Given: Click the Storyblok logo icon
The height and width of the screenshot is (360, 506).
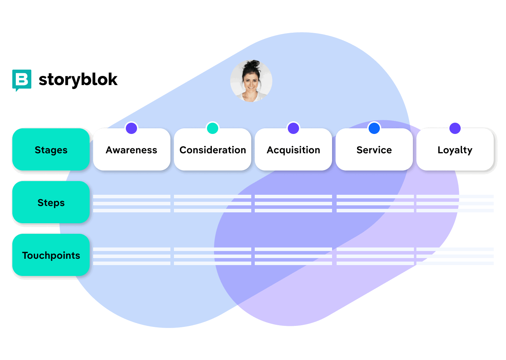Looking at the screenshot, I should pyautogui.click(x=22, y=80).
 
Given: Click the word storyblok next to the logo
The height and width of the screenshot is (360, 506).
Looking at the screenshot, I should pyautogui.click(x=78, y=80).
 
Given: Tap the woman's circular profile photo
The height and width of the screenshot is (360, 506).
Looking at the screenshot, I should pyautogui.click(x=251, y=81).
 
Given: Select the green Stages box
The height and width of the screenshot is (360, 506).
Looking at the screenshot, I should pyautogui.click(x=51, y=149).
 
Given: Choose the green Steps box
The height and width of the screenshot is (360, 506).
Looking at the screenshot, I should pyautogui.click(x=51, y=202).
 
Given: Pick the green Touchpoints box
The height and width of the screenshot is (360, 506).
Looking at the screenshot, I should pyautogui.click(x=51, y=255).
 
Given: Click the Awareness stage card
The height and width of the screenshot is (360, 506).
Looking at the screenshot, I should pyautogui.click(x=132, y=150).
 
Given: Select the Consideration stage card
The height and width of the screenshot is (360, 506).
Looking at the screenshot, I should pyautogui.click(x=213, y=150).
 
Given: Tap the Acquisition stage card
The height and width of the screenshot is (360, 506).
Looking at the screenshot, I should pyautogui.click(x=293, y=150).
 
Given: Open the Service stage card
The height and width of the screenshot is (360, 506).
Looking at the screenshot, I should pyautogui.click(x=374, y=150).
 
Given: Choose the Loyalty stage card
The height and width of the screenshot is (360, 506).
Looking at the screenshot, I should pyautogui.click(x=455, y=150).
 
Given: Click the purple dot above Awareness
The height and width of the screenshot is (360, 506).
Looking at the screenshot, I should pyautogui.click(x=131, y=128).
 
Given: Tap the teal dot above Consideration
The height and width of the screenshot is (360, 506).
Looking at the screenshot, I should pyautogui.click(x=213, y=128).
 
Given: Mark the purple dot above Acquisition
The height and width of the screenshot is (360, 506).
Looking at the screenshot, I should pyautogui.click(x=293, y=128).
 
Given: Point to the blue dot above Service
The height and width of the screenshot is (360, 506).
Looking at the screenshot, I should pyautogui.click(x=374, y=128).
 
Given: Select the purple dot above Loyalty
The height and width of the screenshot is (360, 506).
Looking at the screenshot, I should pyautogui.click(x=455, y=128).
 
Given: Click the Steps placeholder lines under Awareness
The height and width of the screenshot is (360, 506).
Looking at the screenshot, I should pyautogui.click(x=132, y=204).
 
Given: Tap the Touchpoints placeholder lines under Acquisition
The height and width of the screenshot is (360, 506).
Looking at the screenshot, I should pyautogui.click(x=293, y=256).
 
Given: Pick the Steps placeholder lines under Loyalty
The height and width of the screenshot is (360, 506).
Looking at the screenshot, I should pyautogui.click(x=455, y=204).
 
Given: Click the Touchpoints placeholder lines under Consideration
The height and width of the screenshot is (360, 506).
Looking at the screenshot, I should pyautogui.click(x=213, y=256).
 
